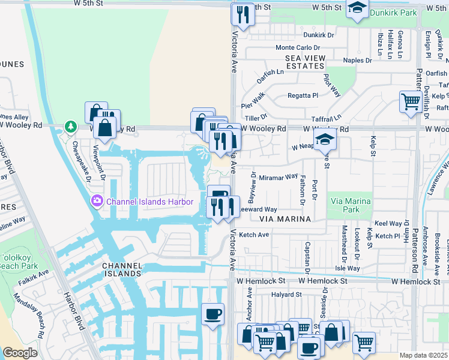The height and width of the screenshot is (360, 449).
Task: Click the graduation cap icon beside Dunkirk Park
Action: tap(357, 10)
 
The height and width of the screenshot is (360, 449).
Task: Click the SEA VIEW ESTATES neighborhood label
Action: tap(306, 62)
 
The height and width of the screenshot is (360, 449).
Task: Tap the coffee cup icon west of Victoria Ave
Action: tap(212, 315)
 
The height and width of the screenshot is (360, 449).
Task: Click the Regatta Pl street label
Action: tap(303, 95)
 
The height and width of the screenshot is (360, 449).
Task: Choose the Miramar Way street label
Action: tap(279, 176)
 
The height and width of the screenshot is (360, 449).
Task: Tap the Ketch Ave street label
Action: tap(254, 235)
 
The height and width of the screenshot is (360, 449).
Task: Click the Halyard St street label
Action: tap(286, 295)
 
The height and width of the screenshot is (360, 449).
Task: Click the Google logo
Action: tap(20, 353)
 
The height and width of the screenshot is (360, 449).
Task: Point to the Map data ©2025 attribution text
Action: tap(423, 355)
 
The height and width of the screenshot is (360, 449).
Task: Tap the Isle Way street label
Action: tap(348, 268)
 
